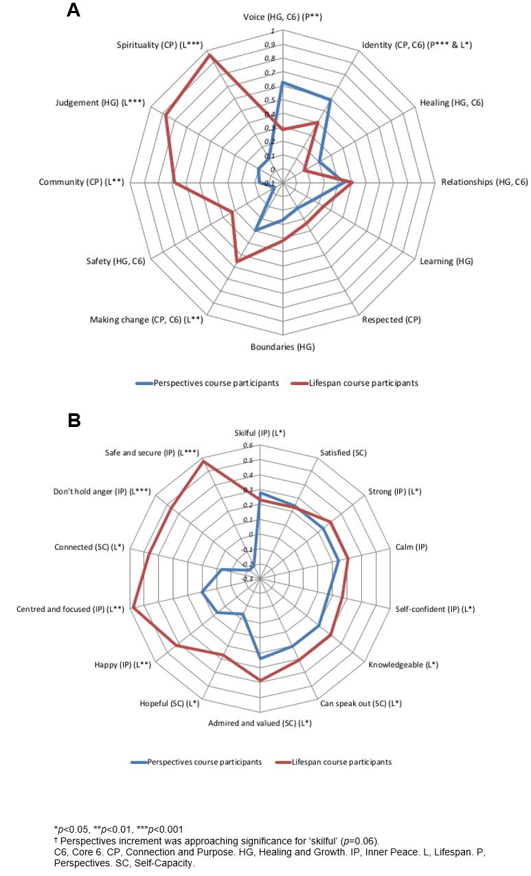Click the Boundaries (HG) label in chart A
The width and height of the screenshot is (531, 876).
(x=283, y=347)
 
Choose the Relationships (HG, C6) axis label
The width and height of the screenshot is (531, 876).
(x=484, y=182)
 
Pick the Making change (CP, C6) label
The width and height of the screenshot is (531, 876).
(x=146, y=320)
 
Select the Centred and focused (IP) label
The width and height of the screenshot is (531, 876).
(x=69, y=609)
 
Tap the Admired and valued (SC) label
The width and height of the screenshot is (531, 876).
(x=260, y=723)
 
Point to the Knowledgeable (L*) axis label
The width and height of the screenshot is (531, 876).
(x=403, y=665)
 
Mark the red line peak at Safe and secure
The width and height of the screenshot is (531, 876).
(x=203, y=461)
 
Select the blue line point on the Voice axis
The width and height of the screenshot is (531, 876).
(x=282, y=83)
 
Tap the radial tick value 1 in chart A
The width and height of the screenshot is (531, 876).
(x=273, y=32)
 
